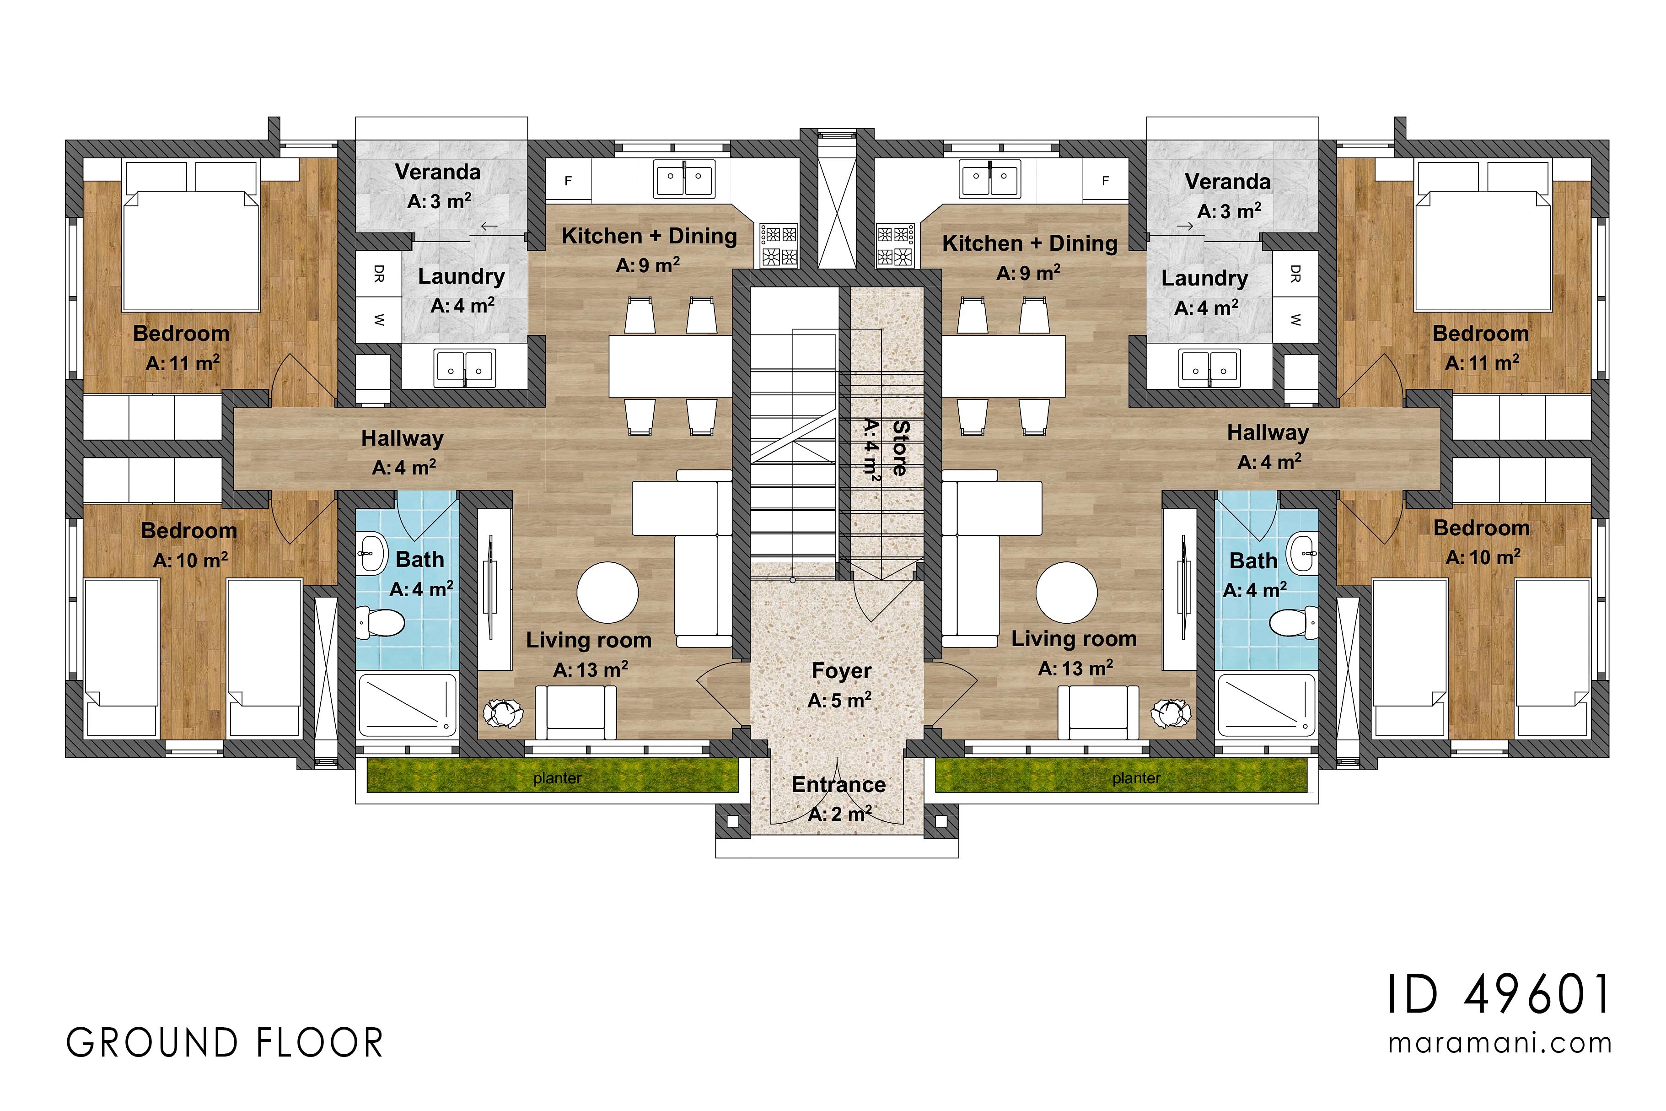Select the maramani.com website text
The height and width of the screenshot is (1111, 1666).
coord(1499,1043)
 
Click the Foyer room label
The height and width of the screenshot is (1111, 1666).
coord(841,670)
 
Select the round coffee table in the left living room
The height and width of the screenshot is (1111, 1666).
coord(607,593)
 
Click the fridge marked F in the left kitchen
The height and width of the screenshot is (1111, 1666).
coord(568,181)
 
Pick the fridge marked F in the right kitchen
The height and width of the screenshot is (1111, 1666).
coord(1105,181)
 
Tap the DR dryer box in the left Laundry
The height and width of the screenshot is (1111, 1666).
coord(378,274)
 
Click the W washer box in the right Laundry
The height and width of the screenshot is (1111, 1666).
coord(1295,319)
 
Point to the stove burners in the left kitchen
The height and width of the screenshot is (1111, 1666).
coord(779,245)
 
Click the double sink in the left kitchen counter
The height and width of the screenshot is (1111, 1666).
coord(683,178)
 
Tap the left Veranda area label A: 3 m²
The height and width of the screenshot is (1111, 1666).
coord(439,201)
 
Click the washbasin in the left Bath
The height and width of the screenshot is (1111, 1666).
coord(371,553)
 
